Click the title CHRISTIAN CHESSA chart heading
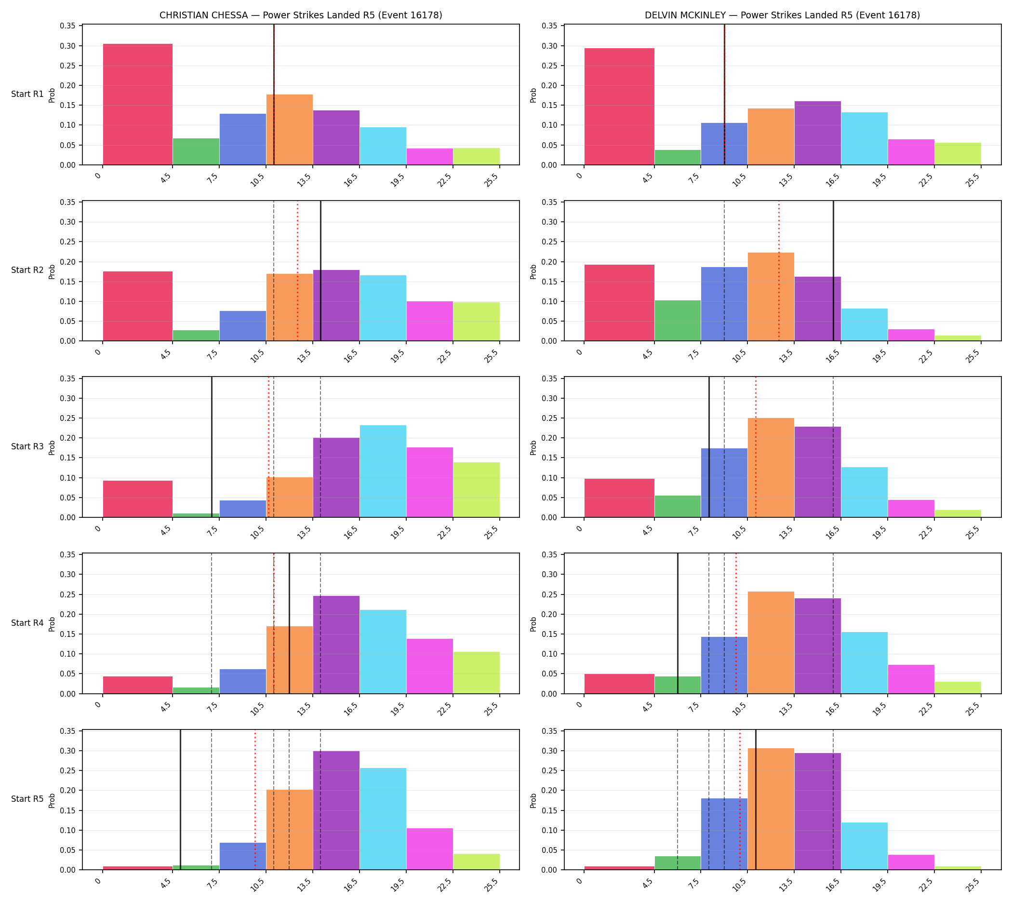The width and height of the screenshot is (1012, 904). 300,15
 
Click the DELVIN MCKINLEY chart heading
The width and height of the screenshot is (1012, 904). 782,15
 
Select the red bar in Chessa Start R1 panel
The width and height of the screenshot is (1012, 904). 137,104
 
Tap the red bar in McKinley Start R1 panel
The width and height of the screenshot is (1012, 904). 619,106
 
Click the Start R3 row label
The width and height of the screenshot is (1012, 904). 27,446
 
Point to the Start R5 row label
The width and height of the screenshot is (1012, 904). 27,799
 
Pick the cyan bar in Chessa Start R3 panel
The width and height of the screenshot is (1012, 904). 383,472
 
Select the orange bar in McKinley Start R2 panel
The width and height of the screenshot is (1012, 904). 771,297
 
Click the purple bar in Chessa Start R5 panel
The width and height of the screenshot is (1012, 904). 336,810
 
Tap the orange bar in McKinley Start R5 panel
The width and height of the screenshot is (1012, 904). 771,809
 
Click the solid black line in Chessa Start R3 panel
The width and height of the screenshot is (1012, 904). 212,447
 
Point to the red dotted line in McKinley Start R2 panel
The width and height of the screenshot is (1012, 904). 779,270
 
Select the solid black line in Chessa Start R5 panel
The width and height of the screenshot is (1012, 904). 180,800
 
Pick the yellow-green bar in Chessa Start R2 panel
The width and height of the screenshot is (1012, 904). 476,322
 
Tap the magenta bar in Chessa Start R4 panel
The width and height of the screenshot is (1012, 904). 429,666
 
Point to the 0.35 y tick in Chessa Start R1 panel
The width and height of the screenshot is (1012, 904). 68,26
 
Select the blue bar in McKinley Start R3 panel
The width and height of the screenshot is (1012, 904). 724,483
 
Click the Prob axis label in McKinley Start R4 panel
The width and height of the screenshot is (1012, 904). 533,624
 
